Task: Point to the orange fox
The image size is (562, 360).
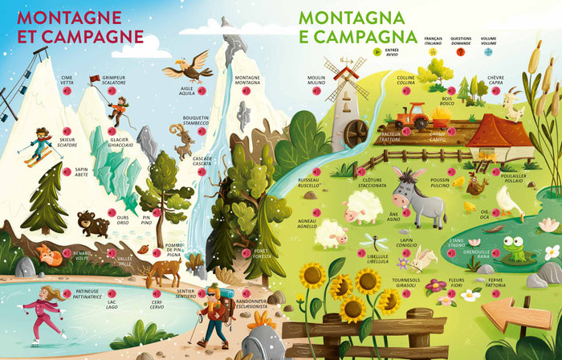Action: click(x=50, y=257)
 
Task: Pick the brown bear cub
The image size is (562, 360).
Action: click(x=93, y=224)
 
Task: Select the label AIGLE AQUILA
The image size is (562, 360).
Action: click(x=186, y=90)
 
